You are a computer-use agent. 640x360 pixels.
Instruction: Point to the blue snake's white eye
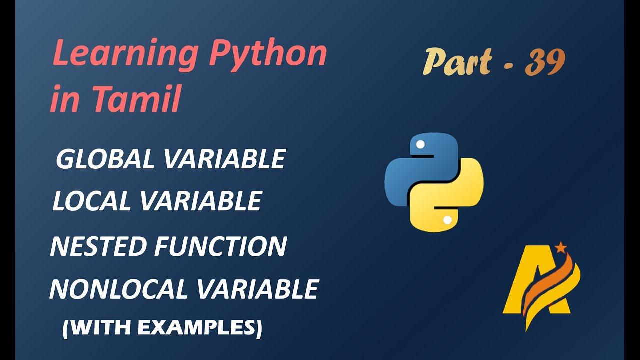420,145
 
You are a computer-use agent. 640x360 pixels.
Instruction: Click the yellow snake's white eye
447,220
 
